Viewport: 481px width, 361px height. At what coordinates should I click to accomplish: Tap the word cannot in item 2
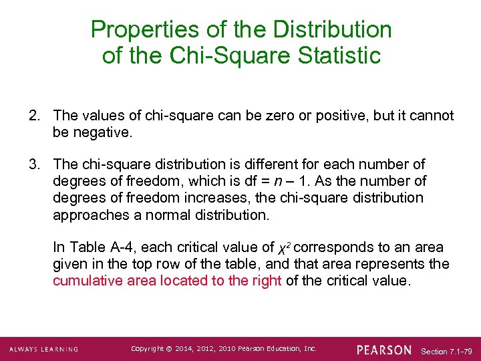[429, 116]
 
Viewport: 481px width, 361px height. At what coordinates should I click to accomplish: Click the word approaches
[88, 215]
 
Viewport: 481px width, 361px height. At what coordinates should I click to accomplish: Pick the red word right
[265, 281]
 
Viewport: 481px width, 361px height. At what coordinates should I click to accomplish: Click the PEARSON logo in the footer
[384, 350]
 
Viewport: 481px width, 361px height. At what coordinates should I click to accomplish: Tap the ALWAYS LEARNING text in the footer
[43, 350]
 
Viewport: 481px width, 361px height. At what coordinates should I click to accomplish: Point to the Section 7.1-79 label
[447, 350]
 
